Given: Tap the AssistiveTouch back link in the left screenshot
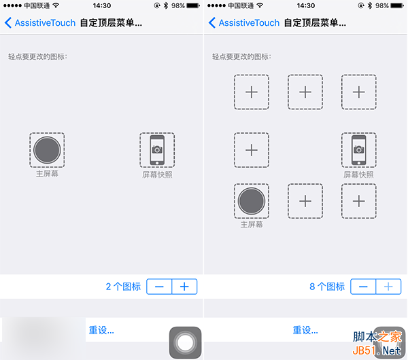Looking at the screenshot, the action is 40,23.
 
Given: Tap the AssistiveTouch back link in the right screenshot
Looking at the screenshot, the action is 244,23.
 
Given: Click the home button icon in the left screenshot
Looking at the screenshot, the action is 47,150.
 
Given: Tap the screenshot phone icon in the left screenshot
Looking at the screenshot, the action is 157,150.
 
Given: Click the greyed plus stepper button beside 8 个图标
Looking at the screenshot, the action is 388,287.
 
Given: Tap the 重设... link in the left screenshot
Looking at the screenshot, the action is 101,330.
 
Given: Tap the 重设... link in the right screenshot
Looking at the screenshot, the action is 305,330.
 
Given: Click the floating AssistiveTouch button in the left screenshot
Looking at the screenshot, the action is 185,342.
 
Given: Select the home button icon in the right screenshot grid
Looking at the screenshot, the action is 252,201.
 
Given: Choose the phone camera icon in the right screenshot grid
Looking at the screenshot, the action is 359,150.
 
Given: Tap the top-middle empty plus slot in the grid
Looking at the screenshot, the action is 305,92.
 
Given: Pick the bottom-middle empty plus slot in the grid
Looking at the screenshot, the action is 305,201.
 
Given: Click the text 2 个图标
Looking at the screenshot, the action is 123,287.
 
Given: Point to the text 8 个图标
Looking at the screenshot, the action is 327,287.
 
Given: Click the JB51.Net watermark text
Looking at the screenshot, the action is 377,350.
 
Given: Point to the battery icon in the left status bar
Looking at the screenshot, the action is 193,5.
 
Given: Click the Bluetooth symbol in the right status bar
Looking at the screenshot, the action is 370,5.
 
